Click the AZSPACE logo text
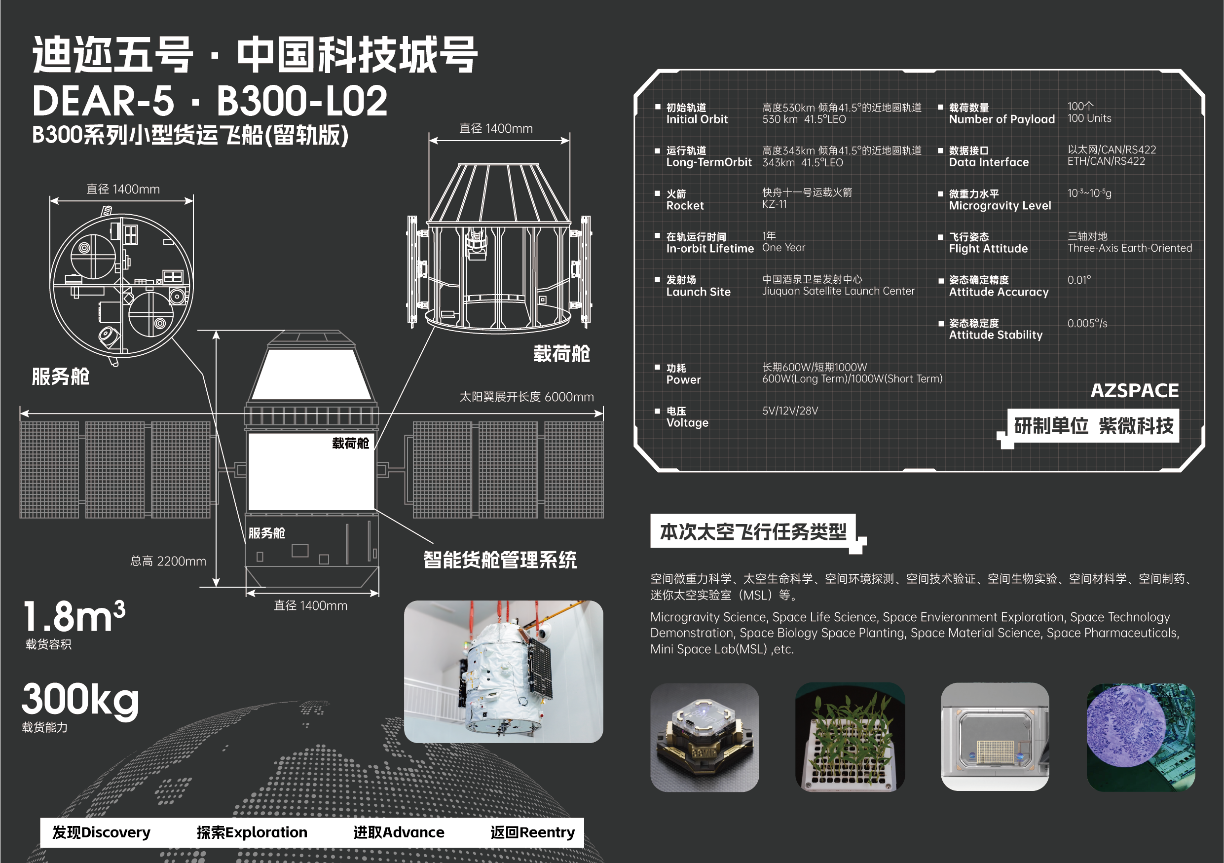click(x=1134, y=391)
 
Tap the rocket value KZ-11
click(x=774, y=204)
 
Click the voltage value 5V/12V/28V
click(x=789, y=411)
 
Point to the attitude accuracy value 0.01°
click(x=1079, y=280)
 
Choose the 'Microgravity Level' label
click(x=1000, y=206)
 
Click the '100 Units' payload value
click(x=1089, y=118)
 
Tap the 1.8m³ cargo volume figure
click(x=74, y=617)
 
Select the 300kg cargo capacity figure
click(x=80, y=699)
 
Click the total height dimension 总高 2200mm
click(x=168, y=562)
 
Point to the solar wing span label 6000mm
click(x=526, y=397)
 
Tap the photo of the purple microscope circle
click(x=1140, y=737)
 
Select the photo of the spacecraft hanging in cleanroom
click(x=503, y=672)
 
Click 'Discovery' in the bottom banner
click(x=101, y=832)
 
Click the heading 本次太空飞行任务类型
click(x=753, y=531)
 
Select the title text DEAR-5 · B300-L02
click(x=210, y=101)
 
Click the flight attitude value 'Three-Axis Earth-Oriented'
click(x=1129, y=248)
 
